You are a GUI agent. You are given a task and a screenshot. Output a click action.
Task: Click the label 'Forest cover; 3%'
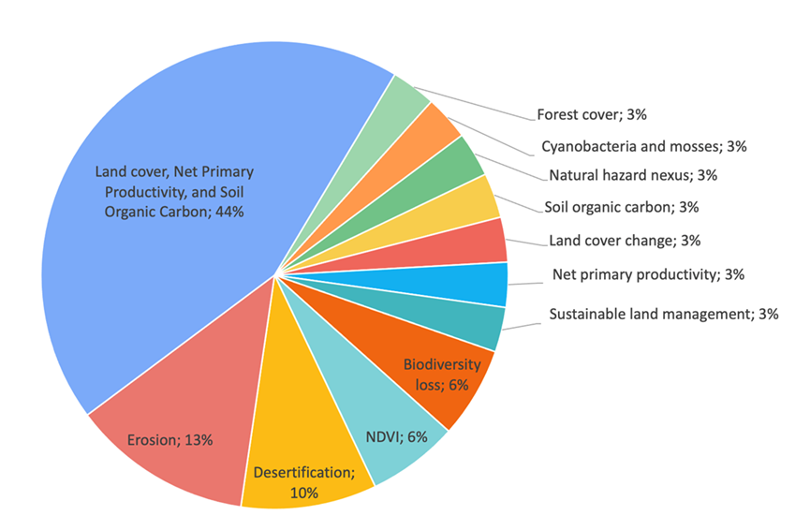[x=592, y=114]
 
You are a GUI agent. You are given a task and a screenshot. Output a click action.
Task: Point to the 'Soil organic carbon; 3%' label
[x=622, y=207]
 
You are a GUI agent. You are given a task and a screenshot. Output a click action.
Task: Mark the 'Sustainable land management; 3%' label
[x=663, y=315]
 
